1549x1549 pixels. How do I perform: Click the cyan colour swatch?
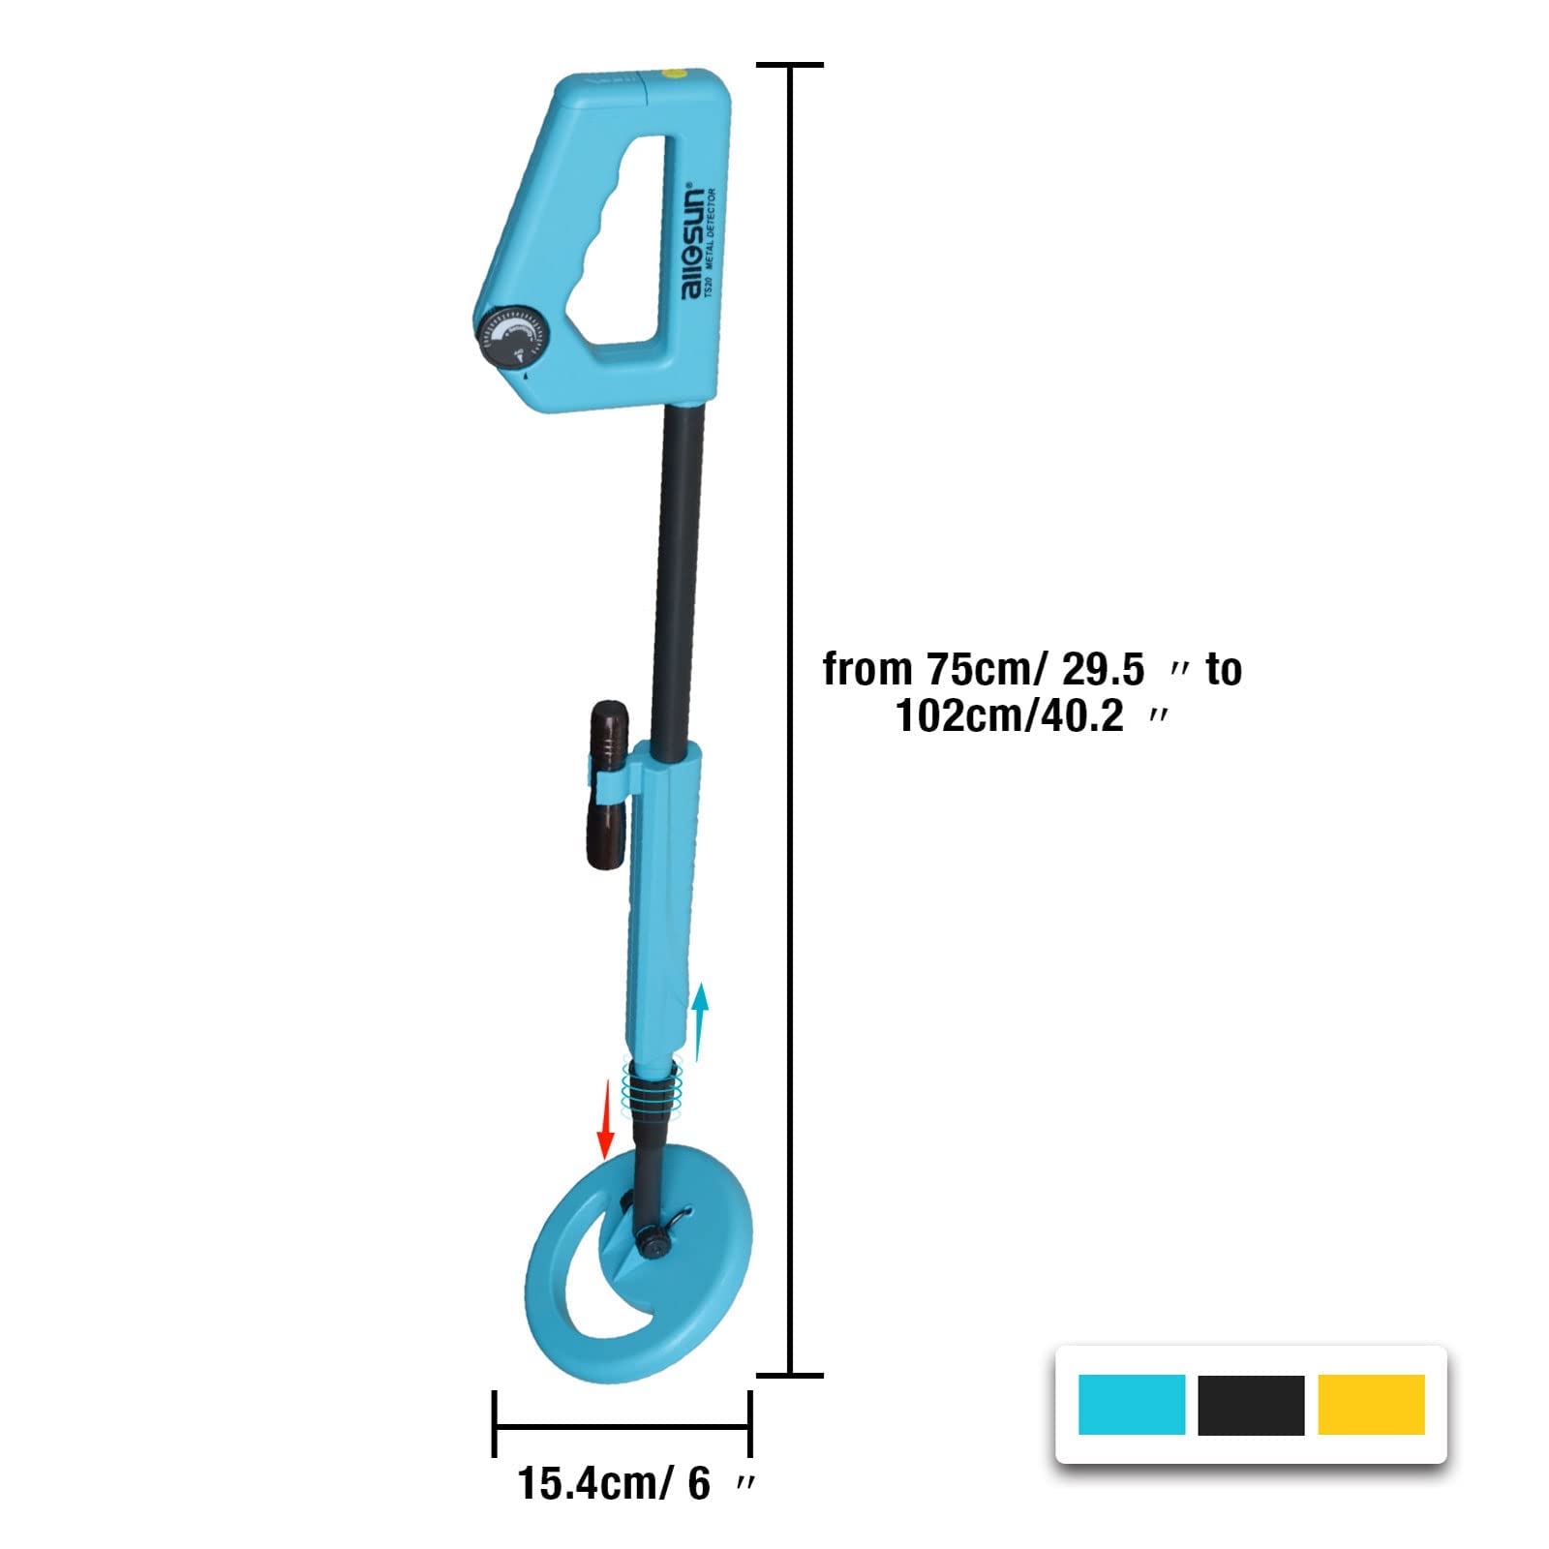pos(1131,1405)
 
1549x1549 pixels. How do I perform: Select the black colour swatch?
pos(1251,1405)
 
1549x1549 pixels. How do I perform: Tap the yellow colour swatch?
pos(1371,1405)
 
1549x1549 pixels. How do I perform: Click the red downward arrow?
pos(607,1119)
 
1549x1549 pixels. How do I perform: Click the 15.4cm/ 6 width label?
pos(615,1484)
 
